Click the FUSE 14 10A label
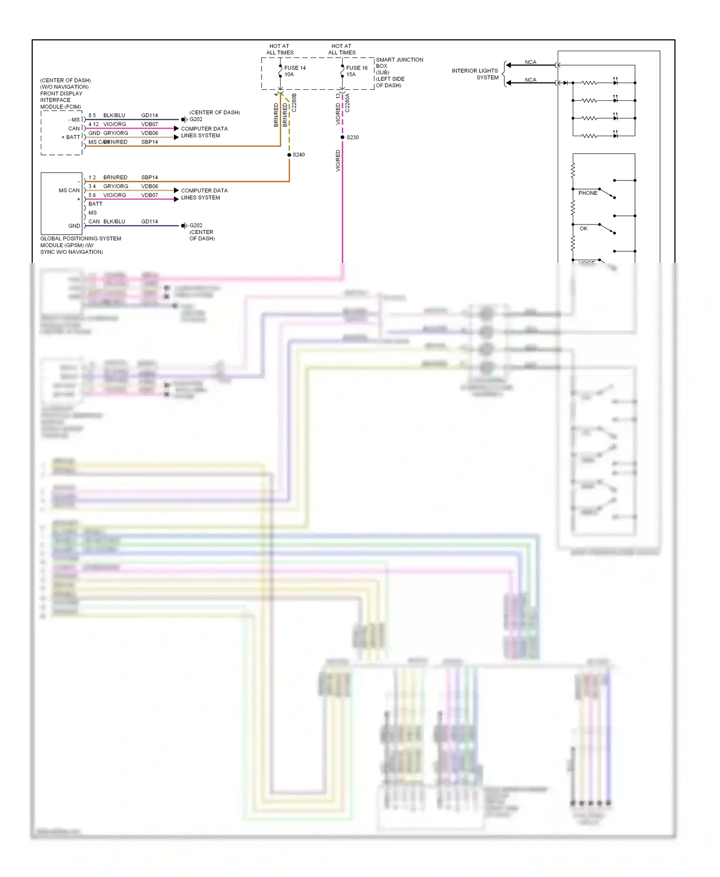(x=294, y=71)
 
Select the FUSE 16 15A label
(x=356, y=71)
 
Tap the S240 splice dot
(x=289, y=155)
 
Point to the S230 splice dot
(x=342, y=137)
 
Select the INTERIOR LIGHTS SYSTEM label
(x=475, y=74)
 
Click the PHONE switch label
(x=588, y=193)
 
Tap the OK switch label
(x=583, y=228)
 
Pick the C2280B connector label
(x=294, y=103)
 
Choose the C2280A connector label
(x=348, y=103)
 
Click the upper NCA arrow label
(x=530, y=62)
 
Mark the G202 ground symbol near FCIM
(x=184, y=119)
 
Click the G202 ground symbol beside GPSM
(x=184, y=225)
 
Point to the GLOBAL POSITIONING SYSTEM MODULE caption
(x=80, y=245)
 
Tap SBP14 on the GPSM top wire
(x=149, y=178)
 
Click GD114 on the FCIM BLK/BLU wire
(x=149, y=116)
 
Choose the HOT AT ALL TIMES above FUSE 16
(x=342, y=49)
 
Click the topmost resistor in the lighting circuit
(x=589, y=83)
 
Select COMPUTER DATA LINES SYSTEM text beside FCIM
(x=204, y=132)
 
